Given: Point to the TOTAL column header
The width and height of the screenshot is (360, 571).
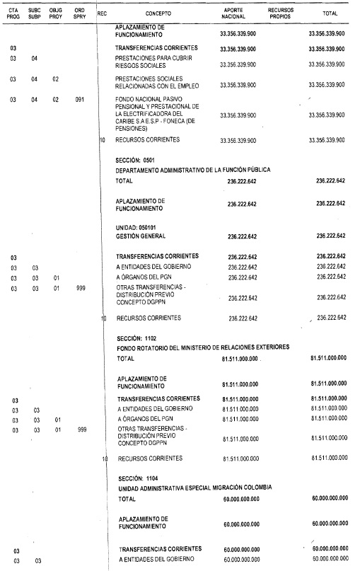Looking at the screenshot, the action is click(329, 13).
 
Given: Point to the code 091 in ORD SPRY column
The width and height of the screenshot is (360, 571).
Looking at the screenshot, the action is click(81, 99).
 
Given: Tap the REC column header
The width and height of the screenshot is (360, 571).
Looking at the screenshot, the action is click(102, 13).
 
